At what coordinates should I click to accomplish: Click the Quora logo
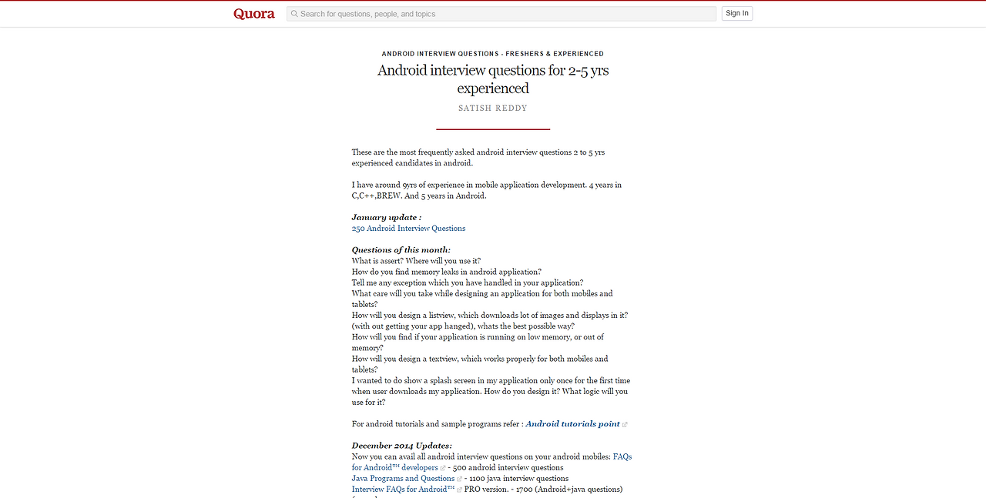(254, 14)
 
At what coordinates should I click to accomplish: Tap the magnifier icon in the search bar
(294, 14)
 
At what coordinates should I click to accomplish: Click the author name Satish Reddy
(493, 109)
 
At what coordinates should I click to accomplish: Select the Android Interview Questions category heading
(493, 54)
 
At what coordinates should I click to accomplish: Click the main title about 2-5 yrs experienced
(493, 79)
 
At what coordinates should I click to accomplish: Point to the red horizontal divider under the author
(493, 129)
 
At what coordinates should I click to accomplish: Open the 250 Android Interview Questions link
(408, 229)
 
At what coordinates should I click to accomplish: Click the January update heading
(387, 218)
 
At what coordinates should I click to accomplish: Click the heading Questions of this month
(401, 250)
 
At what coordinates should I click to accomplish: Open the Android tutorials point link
(572, 424)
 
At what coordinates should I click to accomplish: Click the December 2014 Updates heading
(402, 446)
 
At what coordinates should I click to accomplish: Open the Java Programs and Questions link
(403, 479)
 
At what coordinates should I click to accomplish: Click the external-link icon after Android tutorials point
(625, 425)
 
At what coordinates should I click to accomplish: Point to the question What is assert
(416, 261)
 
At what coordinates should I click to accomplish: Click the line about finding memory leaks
(446, 272)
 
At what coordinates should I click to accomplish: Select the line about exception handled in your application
(467, 282)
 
